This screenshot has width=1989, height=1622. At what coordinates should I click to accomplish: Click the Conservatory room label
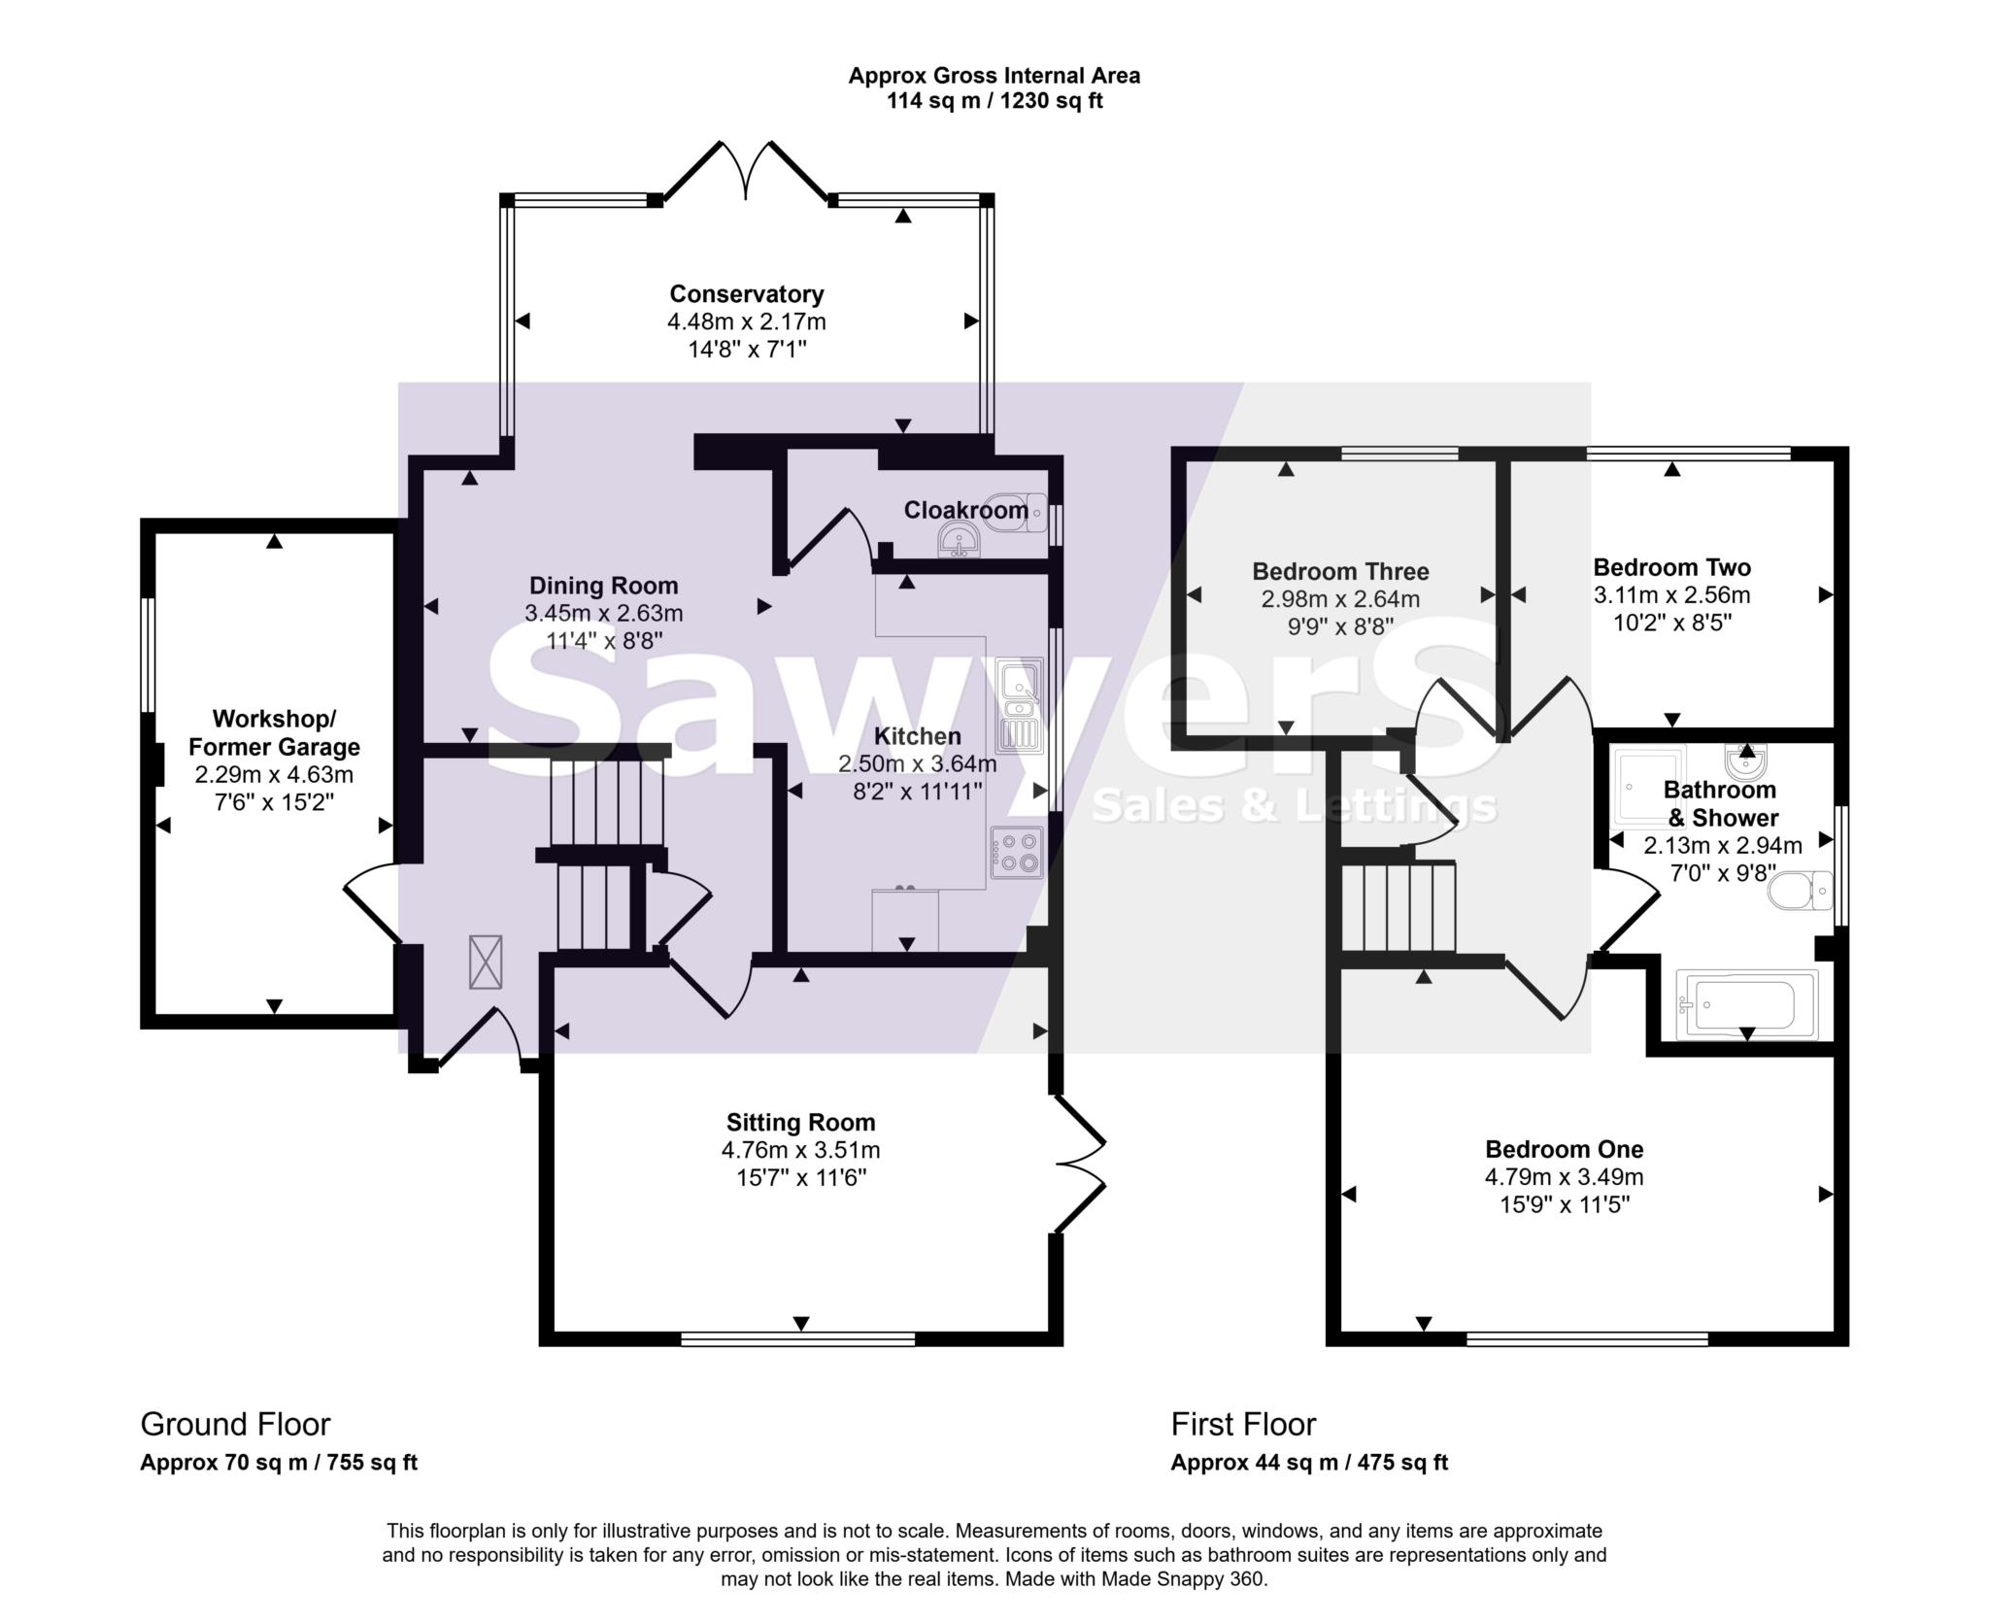(x=746, y=293)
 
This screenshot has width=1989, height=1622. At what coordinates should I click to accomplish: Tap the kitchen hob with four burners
(x=1016, y=852)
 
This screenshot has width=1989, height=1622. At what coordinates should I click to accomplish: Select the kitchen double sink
(x=1018, y=705)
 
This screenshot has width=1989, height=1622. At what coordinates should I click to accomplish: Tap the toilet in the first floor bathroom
(x=1797, y=890)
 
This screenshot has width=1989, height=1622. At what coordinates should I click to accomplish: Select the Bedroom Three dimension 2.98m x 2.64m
(x=1340, y=599)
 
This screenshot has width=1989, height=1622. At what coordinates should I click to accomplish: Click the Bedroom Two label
(x=1671, y=567)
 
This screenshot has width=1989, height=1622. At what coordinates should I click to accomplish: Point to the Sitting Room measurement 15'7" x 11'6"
(x=800, y=1178)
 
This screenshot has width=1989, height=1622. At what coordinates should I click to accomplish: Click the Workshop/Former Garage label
(x=274, y=733)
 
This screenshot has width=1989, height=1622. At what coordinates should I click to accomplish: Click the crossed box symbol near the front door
(x=486, y=962)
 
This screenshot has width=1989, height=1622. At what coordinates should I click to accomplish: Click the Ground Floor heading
(x=235, y=1424)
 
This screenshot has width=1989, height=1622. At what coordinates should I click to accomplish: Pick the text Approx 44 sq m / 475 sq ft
(x=1308, y=1463)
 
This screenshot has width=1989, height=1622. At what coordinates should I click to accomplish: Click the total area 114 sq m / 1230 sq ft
(x=994, y=101)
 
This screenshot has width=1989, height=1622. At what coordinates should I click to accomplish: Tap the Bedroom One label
(x=1564, y=1149)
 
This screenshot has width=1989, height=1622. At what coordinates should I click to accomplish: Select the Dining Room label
(x=603, y=586)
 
